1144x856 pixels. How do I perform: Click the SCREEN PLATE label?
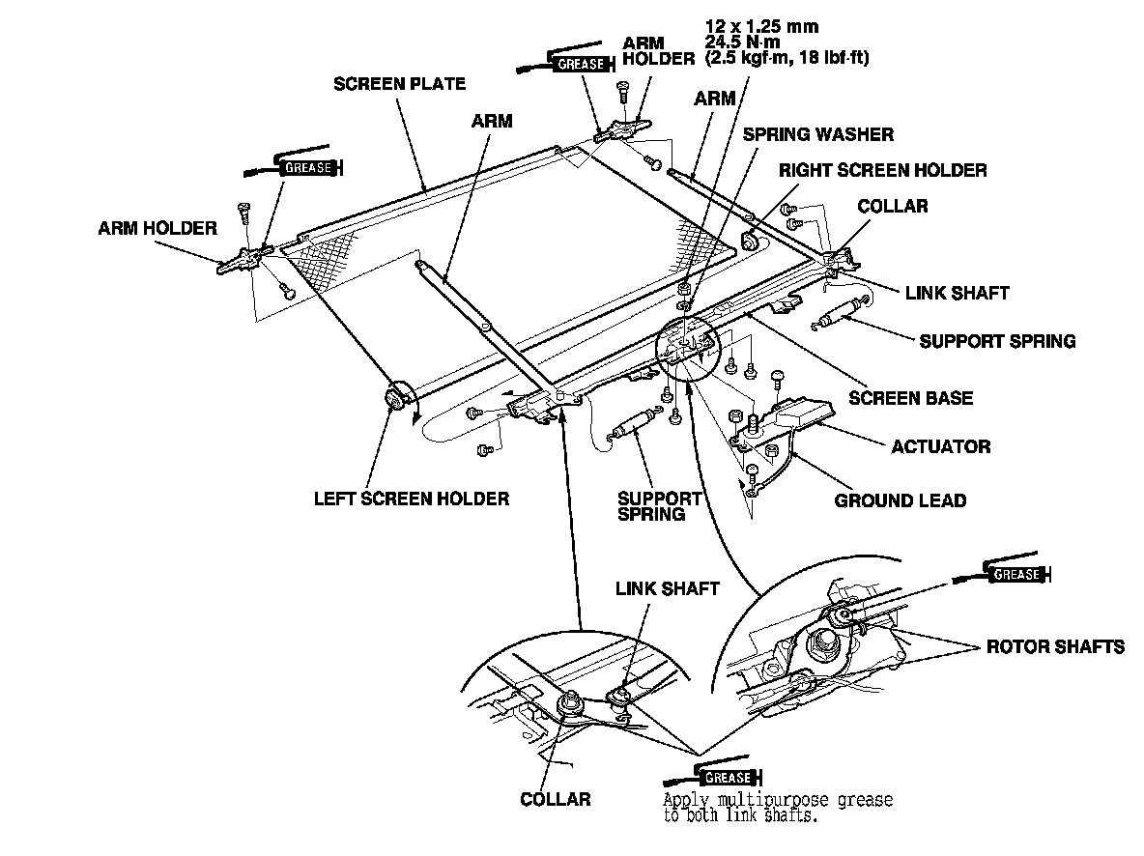click(x=399, y=84)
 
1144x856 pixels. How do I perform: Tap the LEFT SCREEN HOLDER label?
click(x=411, y=499)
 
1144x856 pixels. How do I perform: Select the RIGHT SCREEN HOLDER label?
click(x=883, y=171)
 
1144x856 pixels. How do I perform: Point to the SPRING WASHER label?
click(x=818, y=134)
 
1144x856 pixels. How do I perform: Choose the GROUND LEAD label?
click(x=900, y=500)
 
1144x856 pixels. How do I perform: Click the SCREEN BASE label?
click(x=910, y=397)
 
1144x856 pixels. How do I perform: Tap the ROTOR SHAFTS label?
click(x=1055, y=646)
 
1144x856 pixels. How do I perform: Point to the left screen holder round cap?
click(x=394, y=398)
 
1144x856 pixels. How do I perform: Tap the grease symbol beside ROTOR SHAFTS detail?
click(x=1015, y=574)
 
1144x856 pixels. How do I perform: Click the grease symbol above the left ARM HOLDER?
click(x=307, y=167)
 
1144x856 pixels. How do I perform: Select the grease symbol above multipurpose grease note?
click(x=727, y=777)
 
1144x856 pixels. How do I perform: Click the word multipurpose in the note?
click(x=763, y=801)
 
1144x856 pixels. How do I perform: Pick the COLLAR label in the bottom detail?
click(x=556, y=799)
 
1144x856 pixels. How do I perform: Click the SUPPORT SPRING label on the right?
click(x=996, y=341)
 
